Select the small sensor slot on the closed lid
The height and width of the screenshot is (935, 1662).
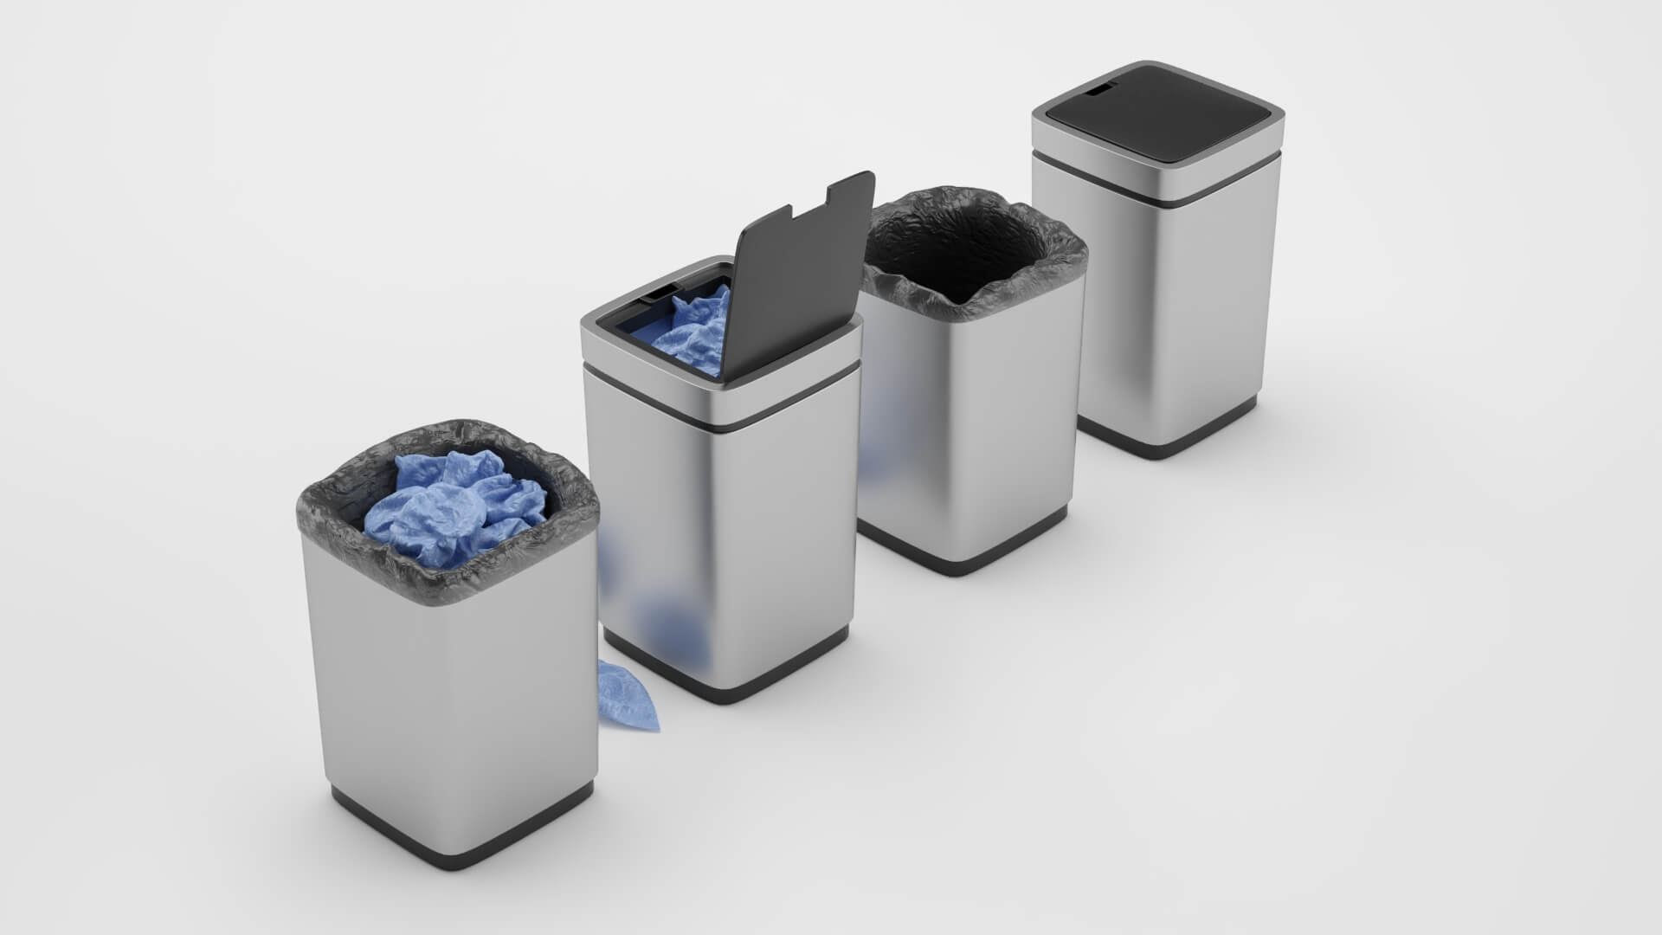[x=1101, y=88]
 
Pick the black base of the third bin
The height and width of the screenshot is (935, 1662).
[x=952, y=563]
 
